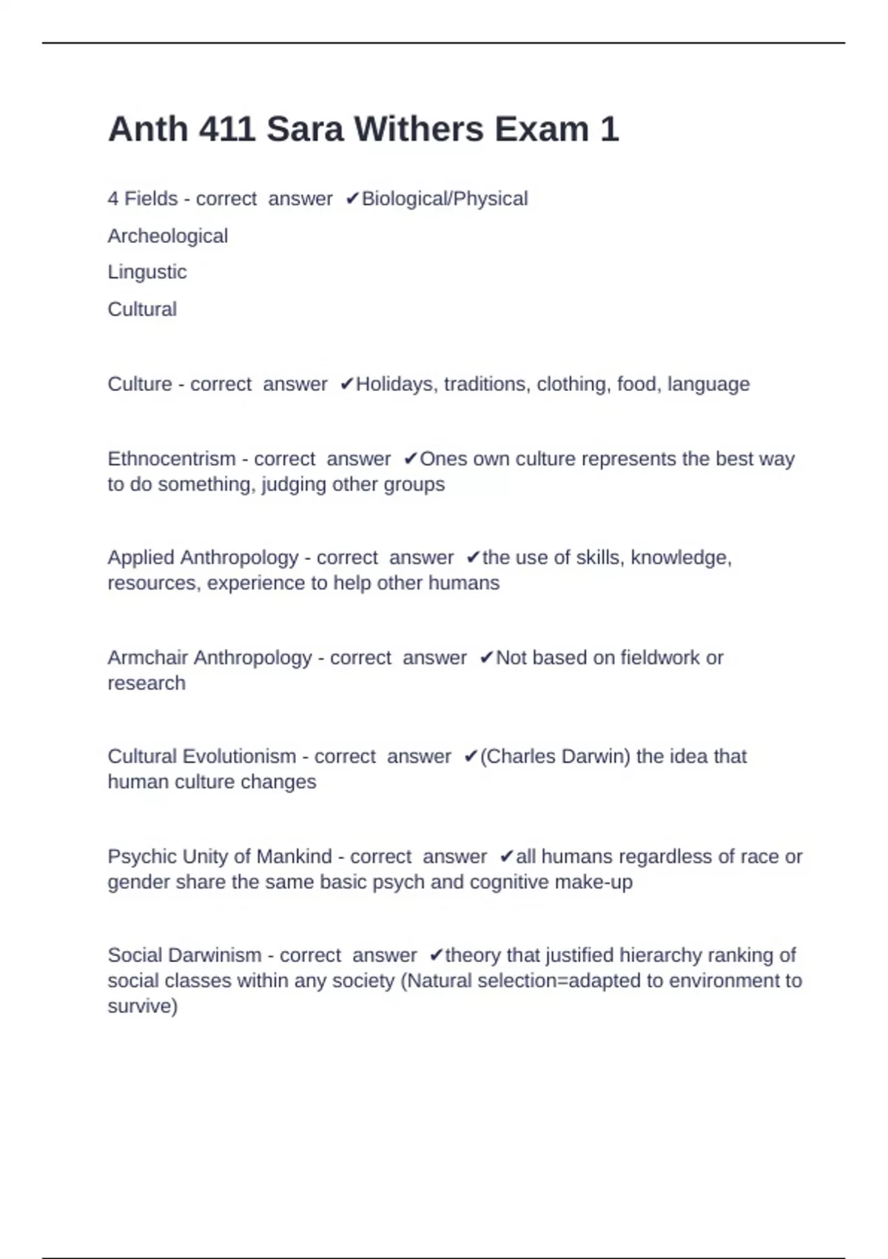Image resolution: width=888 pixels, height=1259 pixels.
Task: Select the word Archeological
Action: (167, 236)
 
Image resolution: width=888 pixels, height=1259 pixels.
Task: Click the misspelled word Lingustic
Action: (147, 272)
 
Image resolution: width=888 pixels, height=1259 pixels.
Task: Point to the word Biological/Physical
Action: (444, 198)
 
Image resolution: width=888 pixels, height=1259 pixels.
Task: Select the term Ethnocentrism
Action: (171, 459)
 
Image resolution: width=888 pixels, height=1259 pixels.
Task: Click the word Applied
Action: (141, 558)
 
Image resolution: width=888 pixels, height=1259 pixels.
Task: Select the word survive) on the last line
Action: (143, 1006)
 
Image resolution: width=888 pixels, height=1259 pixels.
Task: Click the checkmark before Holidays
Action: (346, 384)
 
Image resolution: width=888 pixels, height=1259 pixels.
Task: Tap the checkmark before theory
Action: (436, 955)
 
